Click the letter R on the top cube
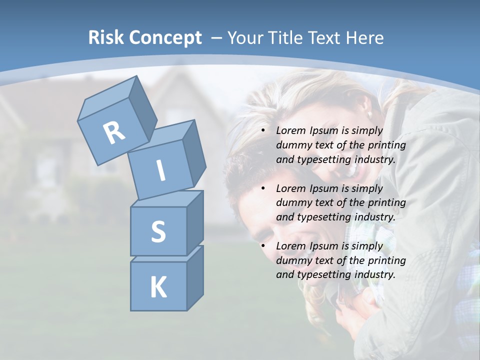114,133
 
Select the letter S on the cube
158,232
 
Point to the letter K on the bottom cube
158,287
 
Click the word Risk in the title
106,37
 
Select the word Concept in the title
165,38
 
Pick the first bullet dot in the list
263,131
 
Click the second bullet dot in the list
263,188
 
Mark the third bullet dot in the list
263,246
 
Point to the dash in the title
217,37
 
